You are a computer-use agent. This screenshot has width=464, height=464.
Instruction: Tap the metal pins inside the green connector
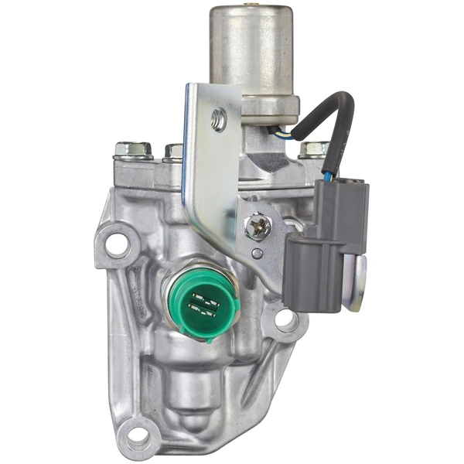[x=206, y=305]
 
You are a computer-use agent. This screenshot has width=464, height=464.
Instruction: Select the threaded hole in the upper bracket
[x=219, y=119]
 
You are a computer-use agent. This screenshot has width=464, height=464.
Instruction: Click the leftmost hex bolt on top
[x=131, y=148]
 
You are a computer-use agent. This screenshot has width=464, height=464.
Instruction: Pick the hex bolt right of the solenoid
[x=314, y=149]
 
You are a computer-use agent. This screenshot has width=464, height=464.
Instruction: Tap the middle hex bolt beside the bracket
[x=175, y=151]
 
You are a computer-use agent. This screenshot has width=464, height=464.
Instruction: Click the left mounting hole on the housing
[x=117, y=245]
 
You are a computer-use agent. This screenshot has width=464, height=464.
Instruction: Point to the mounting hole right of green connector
[x=284, y=317]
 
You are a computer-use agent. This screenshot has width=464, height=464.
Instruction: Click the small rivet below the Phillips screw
[x=256, y=253]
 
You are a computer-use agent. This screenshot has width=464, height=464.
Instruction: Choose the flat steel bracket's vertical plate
[x=205, y=162]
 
